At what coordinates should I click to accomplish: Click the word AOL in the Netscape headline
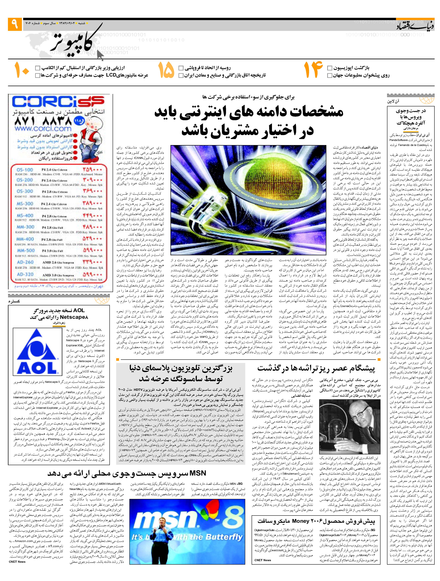click(x=79, y=310)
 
